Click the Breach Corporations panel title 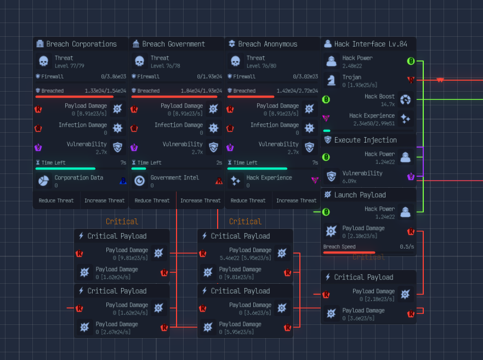[x=81, y=44]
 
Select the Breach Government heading [x=173, y=44]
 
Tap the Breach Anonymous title [x=268, y=44]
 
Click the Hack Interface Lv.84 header [x=371, y=44]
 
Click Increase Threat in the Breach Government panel [x=200, y=200]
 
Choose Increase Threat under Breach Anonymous [x=296, y=200]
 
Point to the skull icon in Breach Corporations [x=44, y=61]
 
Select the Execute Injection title [x=365, y=140]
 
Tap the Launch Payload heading [x=360, y=195]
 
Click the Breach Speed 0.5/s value [x=407, y=247]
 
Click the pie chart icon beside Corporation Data [x=44, y=181]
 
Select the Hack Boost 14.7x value [x=388, y=104]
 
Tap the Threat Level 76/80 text [x=263, y=66]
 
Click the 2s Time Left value [x=219, y=162]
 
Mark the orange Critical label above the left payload [x=122, y=221]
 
